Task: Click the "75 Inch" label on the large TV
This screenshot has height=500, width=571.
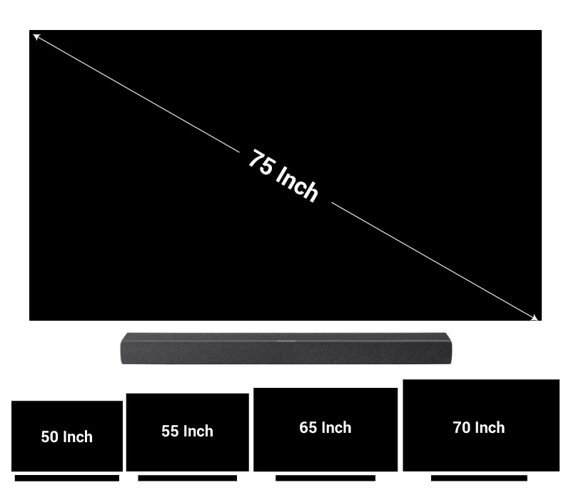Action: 283,176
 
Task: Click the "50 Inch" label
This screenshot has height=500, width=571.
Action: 66,437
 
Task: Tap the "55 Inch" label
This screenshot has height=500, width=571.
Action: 187,431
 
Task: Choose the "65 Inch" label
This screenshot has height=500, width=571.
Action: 325,428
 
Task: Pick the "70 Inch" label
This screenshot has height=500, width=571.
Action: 478,428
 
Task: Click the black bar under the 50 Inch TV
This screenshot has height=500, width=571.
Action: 66,478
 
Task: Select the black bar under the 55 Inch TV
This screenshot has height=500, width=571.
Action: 187,478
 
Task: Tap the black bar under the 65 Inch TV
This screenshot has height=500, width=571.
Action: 325,478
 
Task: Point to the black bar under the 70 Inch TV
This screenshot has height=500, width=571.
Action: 478,478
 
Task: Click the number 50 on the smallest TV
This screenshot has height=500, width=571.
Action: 50,437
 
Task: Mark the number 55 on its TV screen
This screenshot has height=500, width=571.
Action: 171,431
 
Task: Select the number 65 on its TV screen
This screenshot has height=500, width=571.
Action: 308,428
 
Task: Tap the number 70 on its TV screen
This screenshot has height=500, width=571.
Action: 462,428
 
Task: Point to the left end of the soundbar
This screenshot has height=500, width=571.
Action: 125,349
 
